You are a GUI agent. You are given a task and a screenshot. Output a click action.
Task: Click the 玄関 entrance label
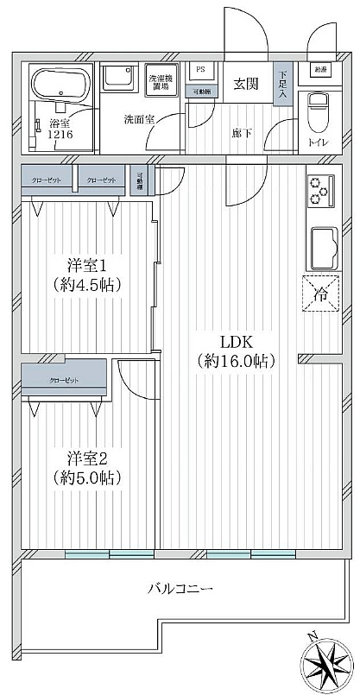pos(245,84)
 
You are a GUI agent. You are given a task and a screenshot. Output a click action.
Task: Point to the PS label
pos(200,70)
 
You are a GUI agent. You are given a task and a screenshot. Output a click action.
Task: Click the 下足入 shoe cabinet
pos(281,85)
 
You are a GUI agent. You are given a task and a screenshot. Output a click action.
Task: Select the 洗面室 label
pos(137,119)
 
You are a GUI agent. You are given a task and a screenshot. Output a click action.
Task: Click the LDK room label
pos(235,341)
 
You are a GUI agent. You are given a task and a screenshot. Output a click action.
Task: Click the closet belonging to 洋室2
pos(63,380)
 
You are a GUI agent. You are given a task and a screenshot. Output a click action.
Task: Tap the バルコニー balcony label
pos(180,590)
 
